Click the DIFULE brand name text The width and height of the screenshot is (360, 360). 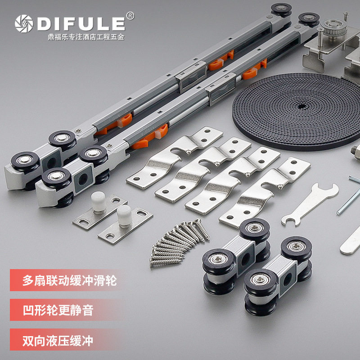(x=81, y=23)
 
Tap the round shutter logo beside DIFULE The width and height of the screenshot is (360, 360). (x=24, y=23)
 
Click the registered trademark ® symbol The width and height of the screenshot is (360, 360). (x=130, y=16)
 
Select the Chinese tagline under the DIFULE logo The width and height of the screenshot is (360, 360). (x=86, y=37)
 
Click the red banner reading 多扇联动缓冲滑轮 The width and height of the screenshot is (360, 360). (x=67, y=280)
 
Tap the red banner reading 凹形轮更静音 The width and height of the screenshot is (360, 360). (x=67, y=310)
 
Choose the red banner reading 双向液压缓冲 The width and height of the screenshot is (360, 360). (x=67, y=340)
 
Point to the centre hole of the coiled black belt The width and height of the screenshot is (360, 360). (x=301, y=106)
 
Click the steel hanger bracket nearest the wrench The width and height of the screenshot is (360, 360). (x=264, y=192)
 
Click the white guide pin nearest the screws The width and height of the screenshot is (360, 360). (x=124, y=216)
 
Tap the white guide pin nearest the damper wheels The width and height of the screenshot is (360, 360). (x=98, y=202)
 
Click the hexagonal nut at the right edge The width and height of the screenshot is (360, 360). (x=356, y=152)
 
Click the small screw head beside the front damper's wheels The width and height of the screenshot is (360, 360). (x=109, y=145)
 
